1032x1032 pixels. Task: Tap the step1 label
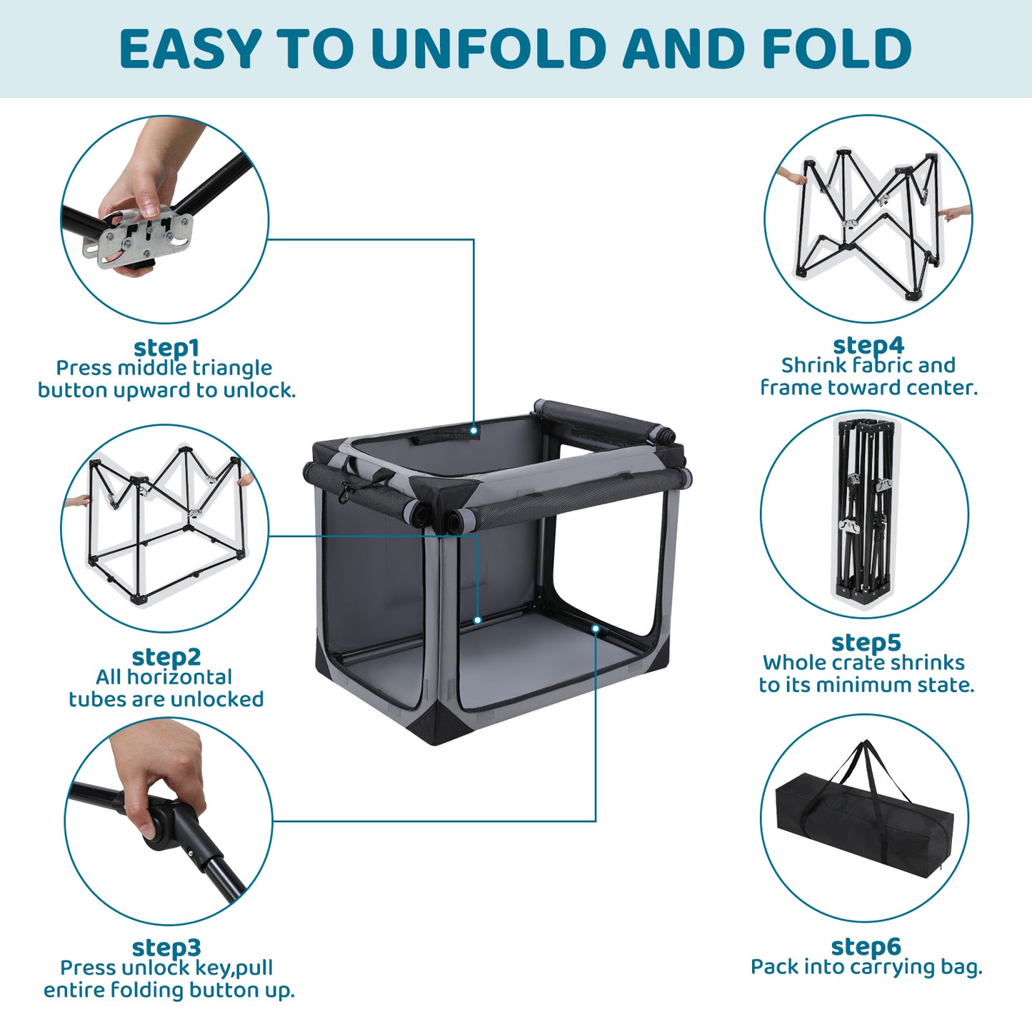(166, 348)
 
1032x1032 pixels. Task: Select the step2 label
(166, 657)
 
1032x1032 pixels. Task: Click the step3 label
(166, 948)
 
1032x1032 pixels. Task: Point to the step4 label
(868, 346)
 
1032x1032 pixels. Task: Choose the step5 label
(866, 643)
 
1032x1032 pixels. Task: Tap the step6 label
(866, 946)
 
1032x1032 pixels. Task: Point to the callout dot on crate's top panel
(474, 430)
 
